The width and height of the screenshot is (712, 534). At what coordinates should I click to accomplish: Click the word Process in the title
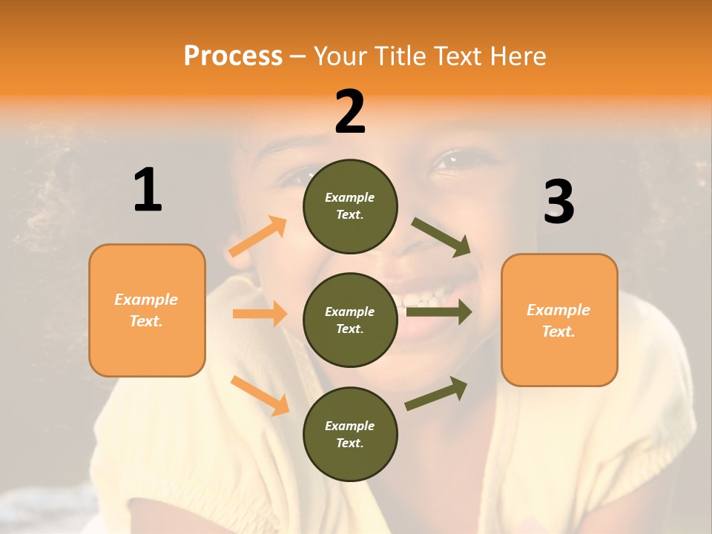point(233,56)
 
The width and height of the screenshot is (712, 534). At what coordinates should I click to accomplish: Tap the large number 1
point(148,191)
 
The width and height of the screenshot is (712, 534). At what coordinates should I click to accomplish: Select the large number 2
point(350,112)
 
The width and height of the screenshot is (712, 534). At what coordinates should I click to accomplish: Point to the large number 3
point(558,202)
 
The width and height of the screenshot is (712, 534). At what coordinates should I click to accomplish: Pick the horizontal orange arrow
point(260,314)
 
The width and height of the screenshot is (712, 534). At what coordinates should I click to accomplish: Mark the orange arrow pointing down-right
point(260,395)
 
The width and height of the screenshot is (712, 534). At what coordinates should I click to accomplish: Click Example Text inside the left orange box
point(146,310)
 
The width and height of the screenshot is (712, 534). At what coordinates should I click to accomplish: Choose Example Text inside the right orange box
point(558,320)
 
